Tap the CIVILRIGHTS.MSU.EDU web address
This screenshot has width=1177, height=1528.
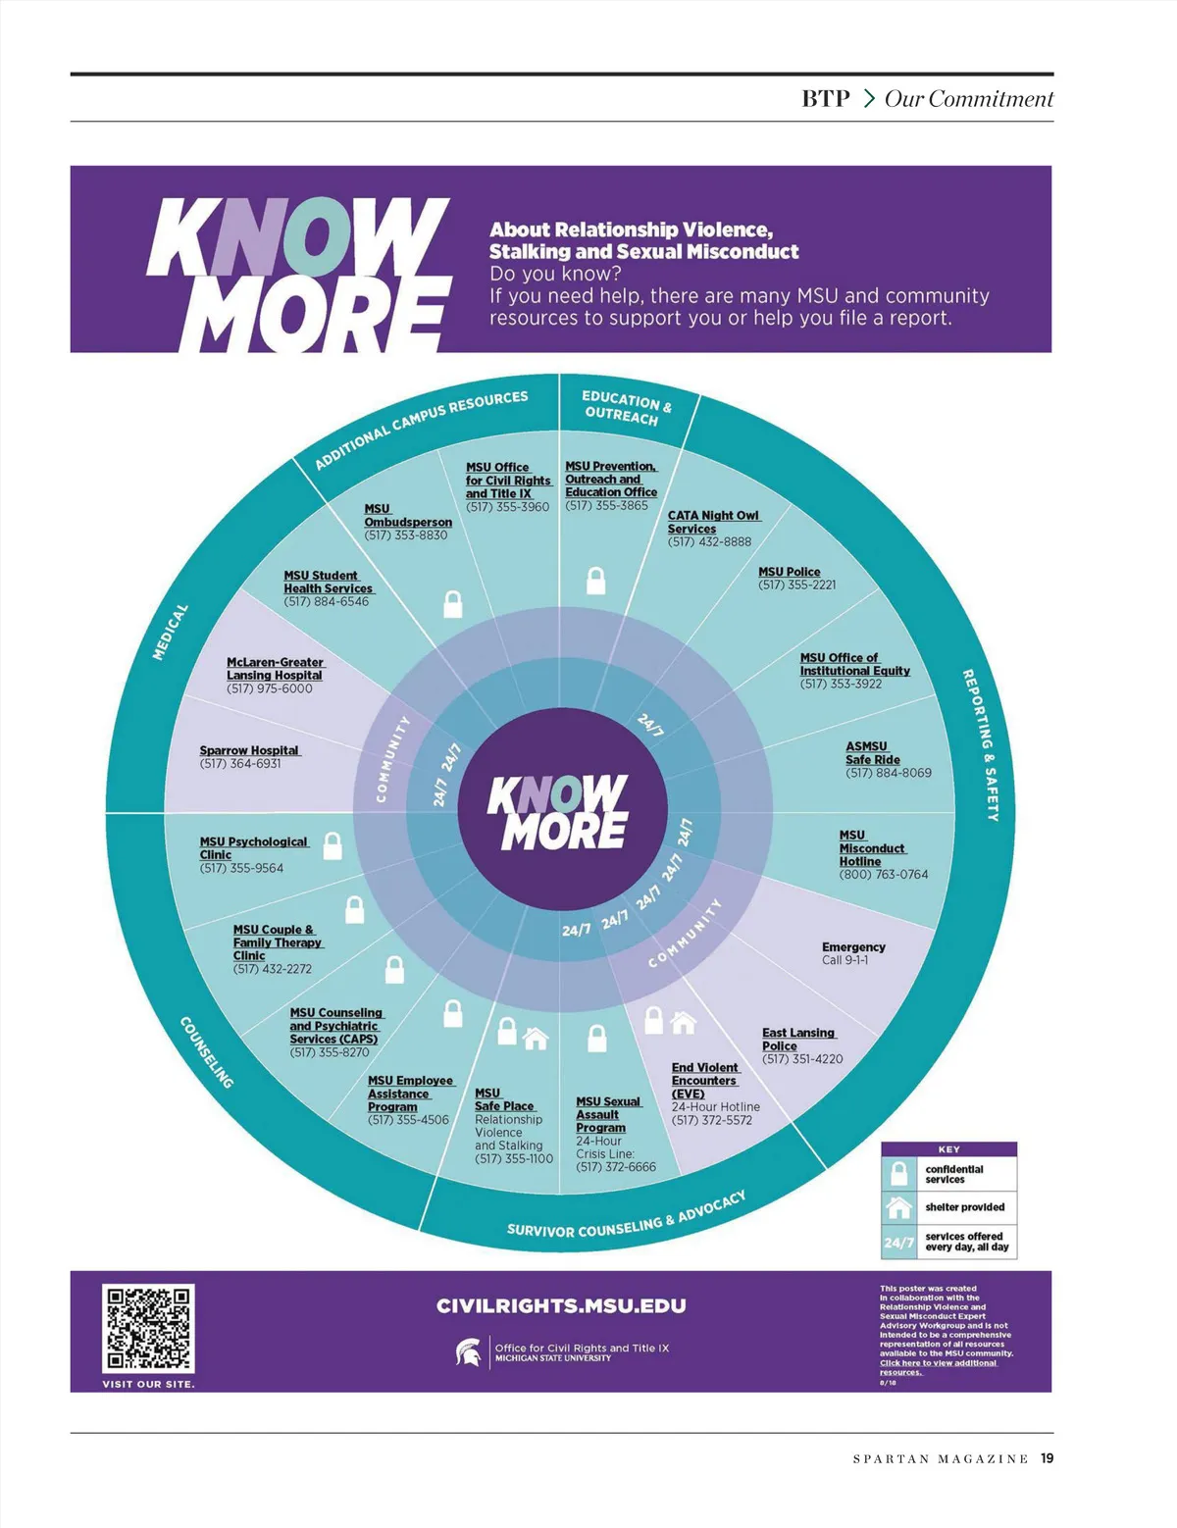pos(561,1305)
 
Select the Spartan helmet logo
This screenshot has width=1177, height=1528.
pos(469,1352)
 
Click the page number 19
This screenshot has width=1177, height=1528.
pos(1048,1458)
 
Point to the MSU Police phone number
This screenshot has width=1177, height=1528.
pos(796,586)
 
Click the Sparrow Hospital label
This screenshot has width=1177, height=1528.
pos(249,750)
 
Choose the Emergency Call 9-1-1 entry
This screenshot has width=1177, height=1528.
pos(853,953)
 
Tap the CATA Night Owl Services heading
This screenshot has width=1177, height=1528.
pos(713,522)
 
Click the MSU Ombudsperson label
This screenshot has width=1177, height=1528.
pos(407,516)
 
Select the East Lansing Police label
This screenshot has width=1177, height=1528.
pos(798,1039)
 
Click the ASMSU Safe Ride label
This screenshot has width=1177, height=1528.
pos(872,752)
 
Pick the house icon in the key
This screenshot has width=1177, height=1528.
pos(898,1206)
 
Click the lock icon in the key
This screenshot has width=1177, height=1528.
pos(898,1174)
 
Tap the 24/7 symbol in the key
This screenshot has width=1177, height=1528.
pos(898,1242)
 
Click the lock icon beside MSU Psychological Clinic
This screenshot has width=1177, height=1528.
pos(333,845)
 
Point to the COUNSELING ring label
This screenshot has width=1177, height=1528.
pos(207,1052)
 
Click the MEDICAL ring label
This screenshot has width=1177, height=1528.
pos(170,632)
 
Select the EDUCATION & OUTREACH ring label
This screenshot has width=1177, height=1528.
pos(626,408)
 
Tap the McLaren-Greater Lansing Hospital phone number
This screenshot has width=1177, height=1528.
pos(269,688)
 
